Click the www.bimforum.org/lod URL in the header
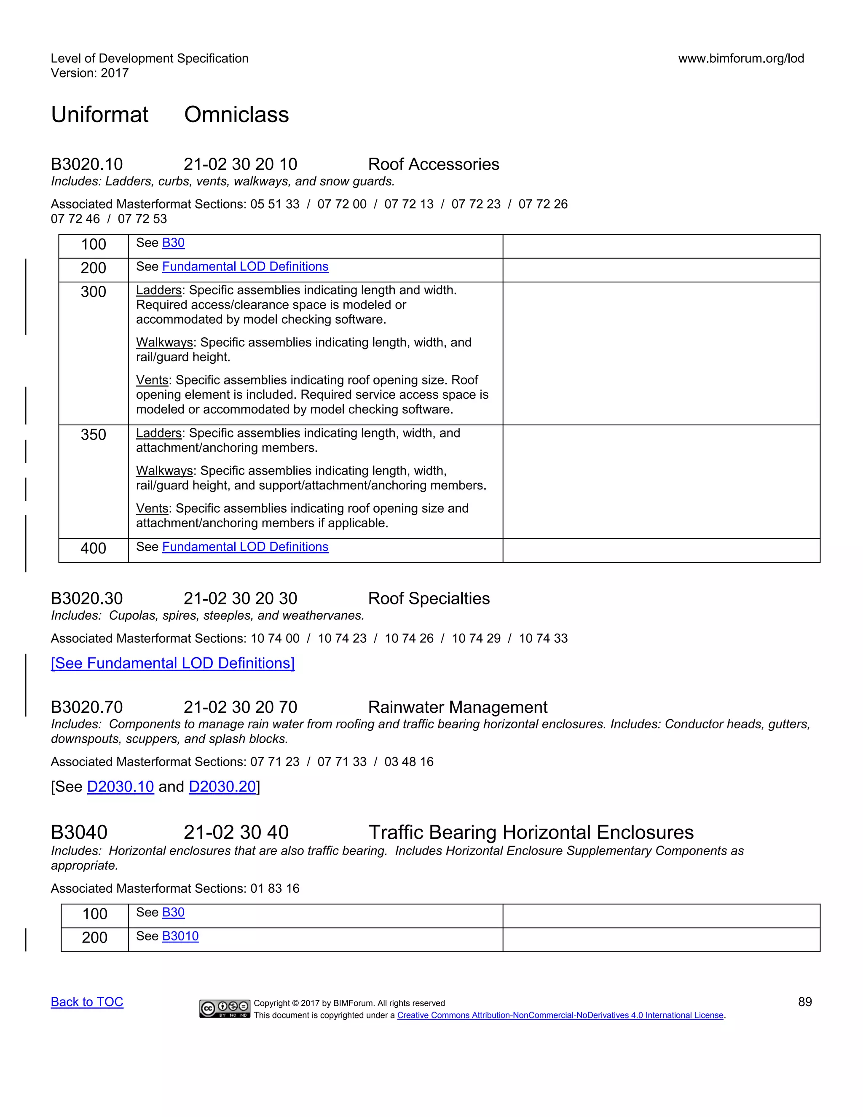pos(741,58)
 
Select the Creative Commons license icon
pos(225,1008)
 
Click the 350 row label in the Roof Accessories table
pos(93,435)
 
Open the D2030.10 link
pos(120,786)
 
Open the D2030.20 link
pos(222,786)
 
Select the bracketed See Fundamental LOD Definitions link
pos(173,663)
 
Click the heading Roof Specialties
pos(429,599)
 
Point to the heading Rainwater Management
pos(457,707)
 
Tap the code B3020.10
pos(87,164)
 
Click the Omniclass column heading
pos(236,115)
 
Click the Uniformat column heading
pos(100,115)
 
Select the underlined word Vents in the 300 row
pos(152,380)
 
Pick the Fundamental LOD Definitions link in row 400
pos(245,547)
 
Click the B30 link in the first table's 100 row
pos(173,243)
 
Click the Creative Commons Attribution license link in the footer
pos(560,1015)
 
